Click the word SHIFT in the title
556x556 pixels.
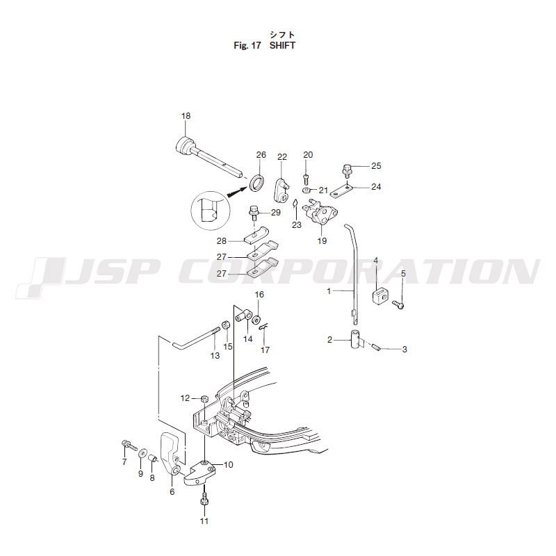(x=282, y=45)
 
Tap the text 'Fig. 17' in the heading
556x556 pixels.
(x=247, y=45)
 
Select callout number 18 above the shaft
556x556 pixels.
(x=186, y=116)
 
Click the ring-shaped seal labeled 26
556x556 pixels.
(x=257, y=182)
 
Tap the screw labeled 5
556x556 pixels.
(x=398, y=304)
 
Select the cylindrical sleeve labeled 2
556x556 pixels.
(x=355, y=339)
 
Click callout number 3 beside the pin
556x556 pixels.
(x=404, y=350)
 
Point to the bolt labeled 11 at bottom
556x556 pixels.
(x=204, y=500)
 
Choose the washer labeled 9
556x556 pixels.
(x=142, y=454)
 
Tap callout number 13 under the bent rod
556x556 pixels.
(x=215, y=356)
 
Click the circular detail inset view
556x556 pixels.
(x=208, y=211)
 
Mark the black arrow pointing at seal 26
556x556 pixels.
(x=238, y=192)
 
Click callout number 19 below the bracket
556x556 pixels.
(x=322, y=240)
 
